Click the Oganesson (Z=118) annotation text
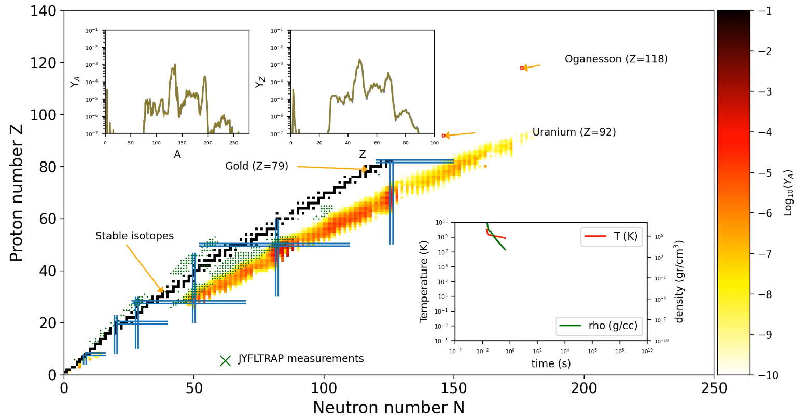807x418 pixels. click(616, 59)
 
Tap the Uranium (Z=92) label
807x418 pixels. click(574, 132)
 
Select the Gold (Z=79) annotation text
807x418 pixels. click(257, 167)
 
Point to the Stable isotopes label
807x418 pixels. click(134, 236)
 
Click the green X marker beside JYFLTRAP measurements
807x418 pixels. click(225, 361)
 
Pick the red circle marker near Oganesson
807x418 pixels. click(522, 68)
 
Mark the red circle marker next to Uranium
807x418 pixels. click(443, 136)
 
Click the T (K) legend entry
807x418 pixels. click(612, 236)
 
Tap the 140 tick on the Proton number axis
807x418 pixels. click(43, 11)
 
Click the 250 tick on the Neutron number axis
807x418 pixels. click(714, 388)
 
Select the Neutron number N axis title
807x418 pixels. click(388, 408)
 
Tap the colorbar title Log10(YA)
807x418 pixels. click(789, 193)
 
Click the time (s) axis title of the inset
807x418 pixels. click(551, 364)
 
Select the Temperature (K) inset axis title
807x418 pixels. click(424, 281)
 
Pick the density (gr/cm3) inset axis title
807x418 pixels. click(680, 281)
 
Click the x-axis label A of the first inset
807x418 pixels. click(177, 155)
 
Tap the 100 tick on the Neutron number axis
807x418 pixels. click(324, 388)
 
